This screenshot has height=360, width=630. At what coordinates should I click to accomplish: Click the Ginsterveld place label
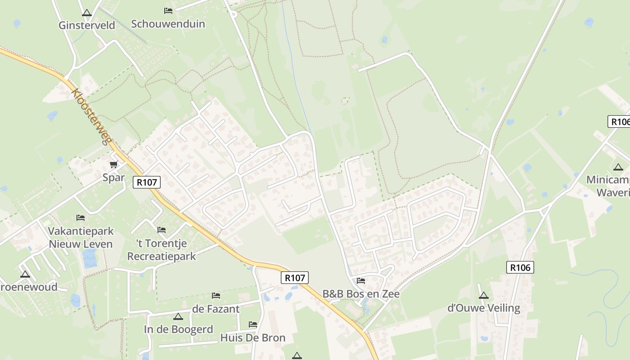[x=87, y=25]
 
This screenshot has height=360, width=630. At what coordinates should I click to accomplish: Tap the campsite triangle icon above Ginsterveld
[x=87, y=13]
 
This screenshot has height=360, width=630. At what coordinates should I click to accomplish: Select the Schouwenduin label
[x=168, y=24]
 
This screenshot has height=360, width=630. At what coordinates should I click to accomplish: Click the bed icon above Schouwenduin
[x=168, y=10]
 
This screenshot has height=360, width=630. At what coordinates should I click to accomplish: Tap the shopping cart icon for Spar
[x=114, y=165]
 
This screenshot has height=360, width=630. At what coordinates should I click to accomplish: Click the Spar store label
[x=113, y=177]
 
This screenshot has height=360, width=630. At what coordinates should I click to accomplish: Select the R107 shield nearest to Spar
[x=147, y=182]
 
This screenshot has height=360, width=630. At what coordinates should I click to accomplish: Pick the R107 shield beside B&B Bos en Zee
[x=295, y=278]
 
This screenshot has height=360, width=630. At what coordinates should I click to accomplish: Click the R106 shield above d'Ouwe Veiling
[x=520, y=267]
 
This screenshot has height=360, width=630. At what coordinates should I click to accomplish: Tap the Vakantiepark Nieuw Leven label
[x=81, y=238]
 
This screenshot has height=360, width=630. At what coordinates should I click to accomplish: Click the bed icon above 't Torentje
[x=162, y=230]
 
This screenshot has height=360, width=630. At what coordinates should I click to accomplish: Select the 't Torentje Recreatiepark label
[x=162, y=250]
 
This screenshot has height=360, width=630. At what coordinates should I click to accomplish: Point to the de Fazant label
[x=216, y=309]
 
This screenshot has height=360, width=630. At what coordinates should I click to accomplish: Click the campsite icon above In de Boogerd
[x=178, y=317]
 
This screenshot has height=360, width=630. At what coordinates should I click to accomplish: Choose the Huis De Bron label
[x=253, y=337]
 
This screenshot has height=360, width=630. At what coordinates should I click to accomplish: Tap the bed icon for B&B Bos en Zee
[x=361, y=281]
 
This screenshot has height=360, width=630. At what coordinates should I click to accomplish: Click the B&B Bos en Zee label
[x=361, y=294]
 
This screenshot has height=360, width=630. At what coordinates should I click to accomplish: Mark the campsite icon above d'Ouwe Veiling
[x=484, y=296]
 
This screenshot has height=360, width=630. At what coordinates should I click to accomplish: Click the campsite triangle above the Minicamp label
[x=618, y=167]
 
